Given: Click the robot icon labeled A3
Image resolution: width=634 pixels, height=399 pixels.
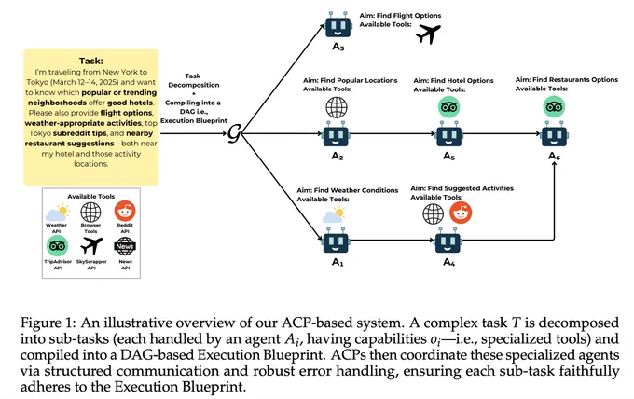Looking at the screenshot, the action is pyautogui.click(x=338, y=25).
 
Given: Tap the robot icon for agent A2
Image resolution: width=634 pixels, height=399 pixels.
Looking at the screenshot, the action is pyautogui.click(x=336, y=134).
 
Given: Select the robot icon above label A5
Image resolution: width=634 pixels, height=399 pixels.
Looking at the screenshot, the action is pyautogui.click(x=449, y=134).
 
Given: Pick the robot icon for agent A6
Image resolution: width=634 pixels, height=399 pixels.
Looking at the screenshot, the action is pyautogui.click(x=554, y=134).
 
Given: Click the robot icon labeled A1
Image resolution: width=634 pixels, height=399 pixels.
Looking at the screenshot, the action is pyautogui.click(x=336, y=241).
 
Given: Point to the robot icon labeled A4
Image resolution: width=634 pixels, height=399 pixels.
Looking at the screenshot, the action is pyautogui.click(x=448, y=241).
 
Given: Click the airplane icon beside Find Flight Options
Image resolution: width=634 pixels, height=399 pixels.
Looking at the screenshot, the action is pyautogui.click(x=428, y=34).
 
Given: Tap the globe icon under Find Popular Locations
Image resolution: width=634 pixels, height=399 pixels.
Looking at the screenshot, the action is pyautogui.click(x=337, y=106).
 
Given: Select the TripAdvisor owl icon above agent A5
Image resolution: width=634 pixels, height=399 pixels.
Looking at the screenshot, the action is pyautogui.click(x=449, y=107).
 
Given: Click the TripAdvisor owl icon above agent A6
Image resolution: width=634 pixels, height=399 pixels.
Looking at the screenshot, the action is pyautogui.click(x=554, y=107).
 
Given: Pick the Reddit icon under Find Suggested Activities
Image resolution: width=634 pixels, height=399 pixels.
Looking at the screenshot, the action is pyautogui.click(x=461, y=213).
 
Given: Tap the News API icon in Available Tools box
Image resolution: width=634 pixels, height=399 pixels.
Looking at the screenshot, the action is pyautogui.click(x=125, y=246).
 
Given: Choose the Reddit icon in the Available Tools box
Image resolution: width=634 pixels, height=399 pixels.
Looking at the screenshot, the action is pyautogui.click(x=125, y=211).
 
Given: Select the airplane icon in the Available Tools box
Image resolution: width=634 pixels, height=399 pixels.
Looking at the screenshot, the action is pyautogui.click(x=91, y=246).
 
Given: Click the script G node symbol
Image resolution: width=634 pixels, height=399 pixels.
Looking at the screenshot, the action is pyautogui.click(x=234, y=133).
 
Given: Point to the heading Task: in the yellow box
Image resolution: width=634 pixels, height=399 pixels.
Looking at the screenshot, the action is pyautogui.click(x=91, y=61).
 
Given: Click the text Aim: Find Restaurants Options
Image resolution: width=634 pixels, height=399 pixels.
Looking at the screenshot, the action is pyautogui.click(x=567, y=80).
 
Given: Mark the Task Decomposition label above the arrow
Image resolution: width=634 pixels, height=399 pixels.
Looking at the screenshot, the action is pyautogui.click(x=194, y=80).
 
